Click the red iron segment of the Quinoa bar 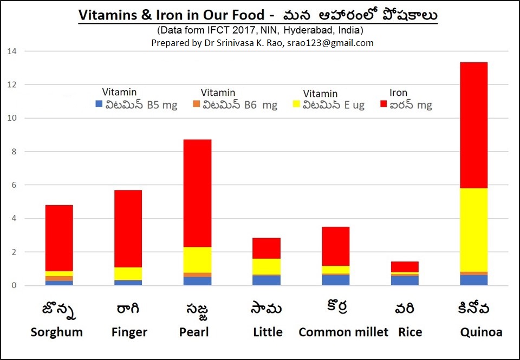474,125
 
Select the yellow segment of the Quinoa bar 474,230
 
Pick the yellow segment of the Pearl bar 198,260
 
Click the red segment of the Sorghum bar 59,238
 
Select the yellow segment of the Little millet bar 266,266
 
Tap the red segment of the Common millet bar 336,246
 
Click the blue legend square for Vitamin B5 99,104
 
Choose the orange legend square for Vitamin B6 197,104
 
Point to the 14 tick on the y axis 12,51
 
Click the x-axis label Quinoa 480,332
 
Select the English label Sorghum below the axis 56,332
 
